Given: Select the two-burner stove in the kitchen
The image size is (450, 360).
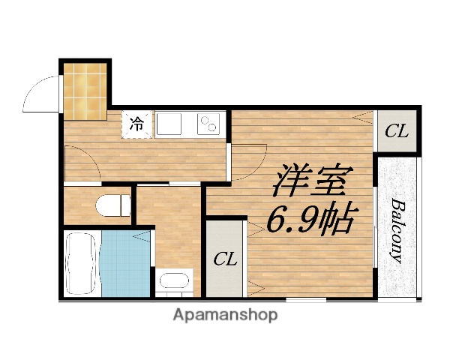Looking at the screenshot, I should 208,124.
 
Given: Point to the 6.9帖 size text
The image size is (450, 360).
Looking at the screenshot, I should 310,219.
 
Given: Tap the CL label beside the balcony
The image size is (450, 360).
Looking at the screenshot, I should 396,132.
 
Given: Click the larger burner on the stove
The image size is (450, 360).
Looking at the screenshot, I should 204,124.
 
